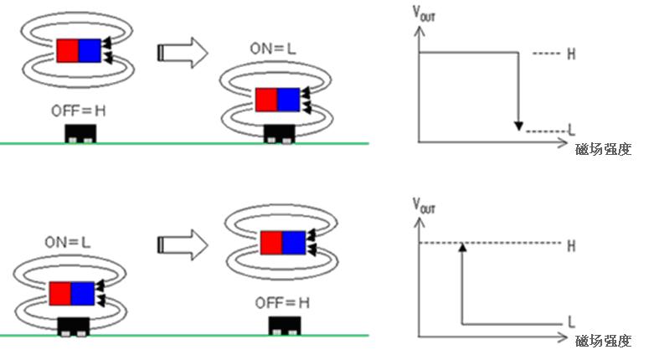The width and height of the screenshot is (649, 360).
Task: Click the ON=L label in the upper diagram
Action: coord(272,49)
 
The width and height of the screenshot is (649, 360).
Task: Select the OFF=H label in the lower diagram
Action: coord(282,301)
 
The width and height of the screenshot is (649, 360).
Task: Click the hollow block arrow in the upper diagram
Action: coord(183,52)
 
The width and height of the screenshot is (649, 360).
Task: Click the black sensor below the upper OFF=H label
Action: coord(81,133)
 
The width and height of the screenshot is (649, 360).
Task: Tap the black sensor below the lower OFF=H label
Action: coord(286,325)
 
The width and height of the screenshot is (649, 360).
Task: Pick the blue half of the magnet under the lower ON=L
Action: coord(83,294)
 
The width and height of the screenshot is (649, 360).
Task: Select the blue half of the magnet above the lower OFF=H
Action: coord(294,243)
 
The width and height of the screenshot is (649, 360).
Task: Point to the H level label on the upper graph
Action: coord(571,54)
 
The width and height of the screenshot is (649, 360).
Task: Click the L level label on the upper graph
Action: coord(571,131)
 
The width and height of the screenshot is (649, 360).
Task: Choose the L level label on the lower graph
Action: coord(571,321)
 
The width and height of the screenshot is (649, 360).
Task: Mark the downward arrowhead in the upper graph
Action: coord(519,126)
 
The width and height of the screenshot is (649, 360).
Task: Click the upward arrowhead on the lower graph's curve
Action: coord(461,247)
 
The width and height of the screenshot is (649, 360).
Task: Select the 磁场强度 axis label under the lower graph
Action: coord(603,341)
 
